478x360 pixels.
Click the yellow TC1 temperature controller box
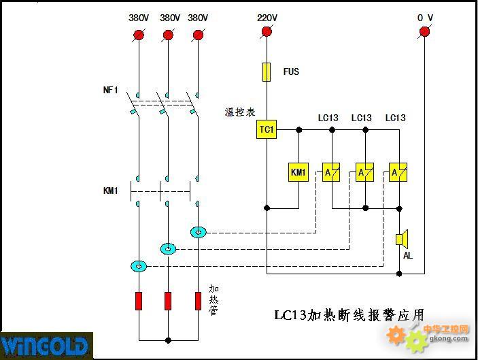click(267, 129)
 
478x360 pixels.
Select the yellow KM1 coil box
click(298, 172)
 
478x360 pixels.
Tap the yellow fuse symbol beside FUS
click(267, 72)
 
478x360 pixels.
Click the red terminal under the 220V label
click(267, 31)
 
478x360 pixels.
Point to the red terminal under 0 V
click(424, 31)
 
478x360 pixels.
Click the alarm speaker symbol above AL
click(402, 239)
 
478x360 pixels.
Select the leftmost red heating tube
click(139, 301)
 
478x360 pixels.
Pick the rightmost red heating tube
click(198, 301)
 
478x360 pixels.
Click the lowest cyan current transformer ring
click(139, 266)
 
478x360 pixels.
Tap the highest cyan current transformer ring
click(198, 232)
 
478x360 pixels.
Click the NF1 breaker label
click(110, 90)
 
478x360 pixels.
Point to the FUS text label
click(291, 71)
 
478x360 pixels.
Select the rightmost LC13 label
click(395, 118)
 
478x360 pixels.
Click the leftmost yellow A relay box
click(331, 172)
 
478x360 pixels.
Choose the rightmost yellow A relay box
click(398, 172)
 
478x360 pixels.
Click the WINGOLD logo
click(46, 346)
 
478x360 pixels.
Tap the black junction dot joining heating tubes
click(168, 340)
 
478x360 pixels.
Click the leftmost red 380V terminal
click(139, 35)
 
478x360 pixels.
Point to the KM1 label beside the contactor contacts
click(110, 191)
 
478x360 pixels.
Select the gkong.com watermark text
click(449, 338)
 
